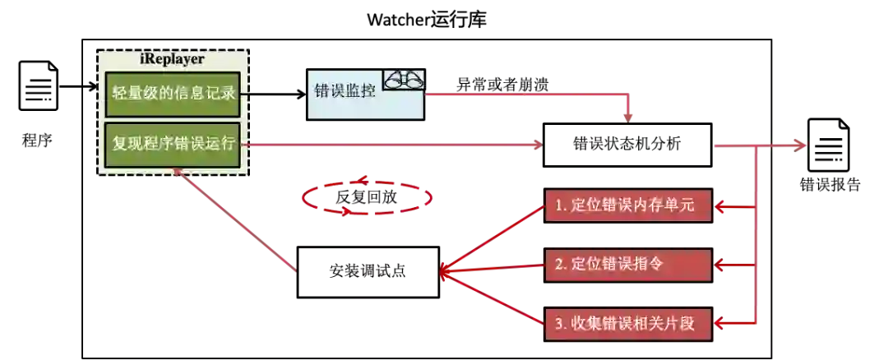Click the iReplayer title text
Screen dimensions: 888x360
click(173, 59)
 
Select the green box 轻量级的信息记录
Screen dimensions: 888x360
click(173, 93)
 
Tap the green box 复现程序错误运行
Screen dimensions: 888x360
click(173, 144)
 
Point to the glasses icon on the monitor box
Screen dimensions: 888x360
click(405, 80)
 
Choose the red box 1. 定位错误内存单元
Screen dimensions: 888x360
click(628, 205)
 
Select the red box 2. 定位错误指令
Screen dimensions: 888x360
click(628, 264)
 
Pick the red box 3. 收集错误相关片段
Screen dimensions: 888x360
click(628, 323)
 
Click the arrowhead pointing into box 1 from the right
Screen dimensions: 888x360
click(721, 207)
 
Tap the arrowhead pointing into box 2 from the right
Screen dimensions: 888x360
click(721, 265)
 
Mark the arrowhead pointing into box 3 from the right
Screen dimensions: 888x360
click(721, 324)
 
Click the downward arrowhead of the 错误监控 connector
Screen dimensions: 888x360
click(629, 117)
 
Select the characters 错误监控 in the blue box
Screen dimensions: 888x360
click(345, 91)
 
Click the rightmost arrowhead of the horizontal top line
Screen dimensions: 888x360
click(799, 145)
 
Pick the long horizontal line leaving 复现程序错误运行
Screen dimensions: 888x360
click(395, 145)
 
